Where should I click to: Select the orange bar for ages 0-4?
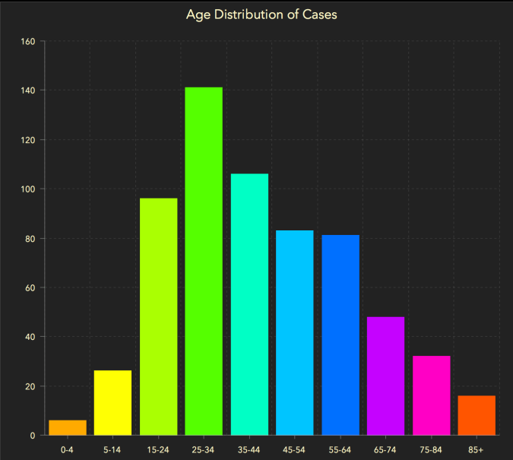[68, 427]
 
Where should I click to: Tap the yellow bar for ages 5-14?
[112, 402]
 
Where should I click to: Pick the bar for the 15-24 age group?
[158, 316]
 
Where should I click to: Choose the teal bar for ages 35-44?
[249, 304]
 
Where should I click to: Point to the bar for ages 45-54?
[295, 332]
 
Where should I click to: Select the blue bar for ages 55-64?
[340, 335]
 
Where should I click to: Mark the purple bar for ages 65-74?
[385, 376]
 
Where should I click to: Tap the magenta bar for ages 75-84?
[431, 395]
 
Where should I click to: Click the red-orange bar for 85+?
[477, 415]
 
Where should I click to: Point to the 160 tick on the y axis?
[28, 41]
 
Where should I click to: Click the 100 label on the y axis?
[28, 189]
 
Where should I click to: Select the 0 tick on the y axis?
[33, 436]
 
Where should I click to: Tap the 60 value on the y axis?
[30, 287]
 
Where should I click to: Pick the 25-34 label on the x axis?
[204, 449]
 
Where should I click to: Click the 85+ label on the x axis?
[477, 449]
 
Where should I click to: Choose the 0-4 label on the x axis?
[68, 449]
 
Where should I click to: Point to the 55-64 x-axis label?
[340, 449]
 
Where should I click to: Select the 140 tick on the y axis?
[28, 90]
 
